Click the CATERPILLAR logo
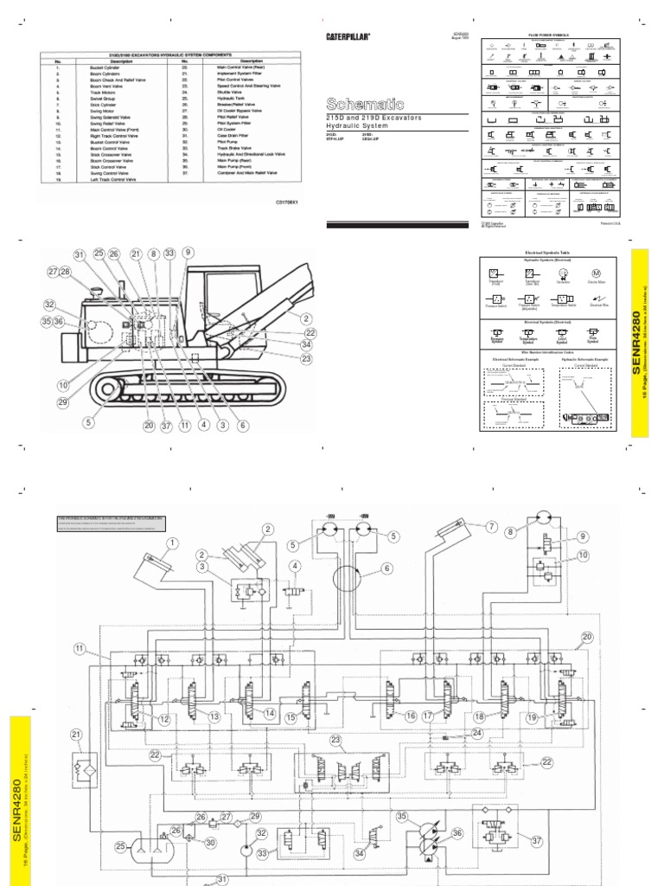pyautogui.click(x=348, y=36)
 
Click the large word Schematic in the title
pyautogui.click(x=356, y=101)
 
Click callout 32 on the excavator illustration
pyautogui.click(x=50, y=305)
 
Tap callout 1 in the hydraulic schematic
pyautogui.click(x=172, y=543)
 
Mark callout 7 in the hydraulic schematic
pyautogui.click(x=491, y=526)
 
